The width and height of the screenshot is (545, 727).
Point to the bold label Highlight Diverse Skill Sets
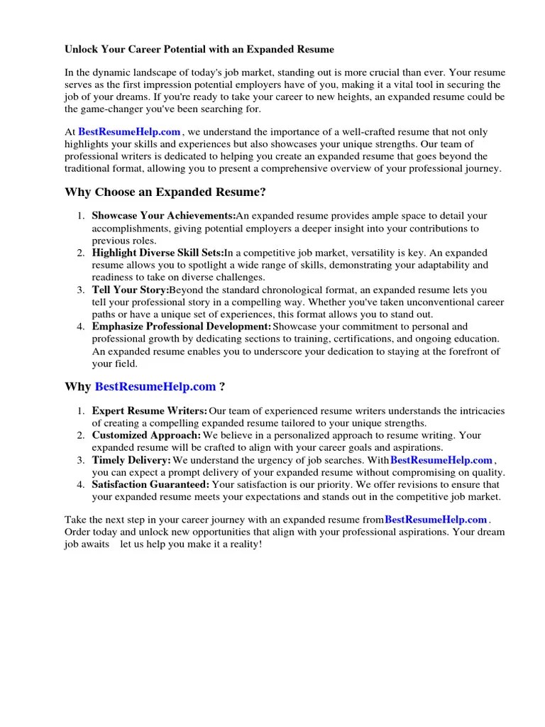(158, 253)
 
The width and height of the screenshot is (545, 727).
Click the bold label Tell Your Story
(131, 290)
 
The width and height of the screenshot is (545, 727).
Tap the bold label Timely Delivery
(131, 460)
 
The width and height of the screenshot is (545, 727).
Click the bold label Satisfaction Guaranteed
(150, 484)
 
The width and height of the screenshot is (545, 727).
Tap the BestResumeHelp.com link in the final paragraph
(436, 520)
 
